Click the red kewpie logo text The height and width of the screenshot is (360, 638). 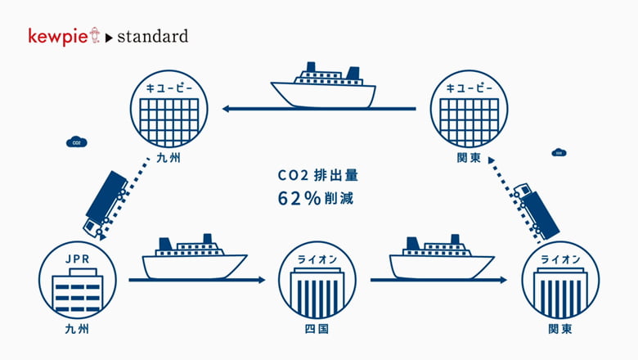58,37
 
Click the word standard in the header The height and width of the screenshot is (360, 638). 153,37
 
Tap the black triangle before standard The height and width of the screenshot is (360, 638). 109,38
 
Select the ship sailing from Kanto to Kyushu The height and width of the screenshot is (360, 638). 323,85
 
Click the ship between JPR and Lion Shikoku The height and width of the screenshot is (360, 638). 195,257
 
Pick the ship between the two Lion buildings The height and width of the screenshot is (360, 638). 442,257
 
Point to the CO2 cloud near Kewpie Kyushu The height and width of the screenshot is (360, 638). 77,142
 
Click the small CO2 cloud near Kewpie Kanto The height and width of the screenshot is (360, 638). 559,152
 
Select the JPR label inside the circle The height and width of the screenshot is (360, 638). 78,259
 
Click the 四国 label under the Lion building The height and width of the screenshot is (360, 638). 317,329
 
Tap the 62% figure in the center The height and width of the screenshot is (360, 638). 299,199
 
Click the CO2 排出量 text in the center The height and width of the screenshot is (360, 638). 318,175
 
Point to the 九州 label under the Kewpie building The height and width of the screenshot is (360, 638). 168,158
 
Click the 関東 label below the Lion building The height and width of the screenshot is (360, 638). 560,329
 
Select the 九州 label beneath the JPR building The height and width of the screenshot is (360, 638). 77,329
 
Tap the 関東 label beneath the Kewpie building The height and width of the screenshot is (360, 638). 469,158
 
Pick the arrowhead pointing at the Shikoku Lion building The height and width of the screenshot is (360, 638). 261,280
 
